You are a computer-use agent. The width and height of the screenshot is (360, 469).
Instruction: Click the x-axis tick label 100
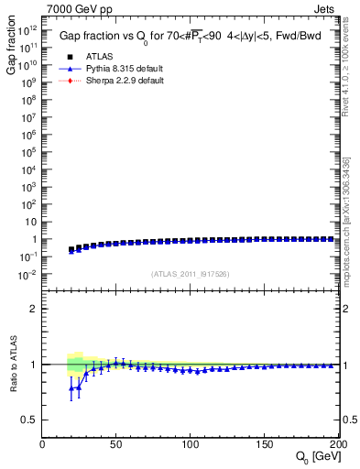[191, 442]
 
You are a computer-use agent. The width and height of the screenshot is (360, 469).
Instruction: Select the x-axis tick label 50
[116, 442]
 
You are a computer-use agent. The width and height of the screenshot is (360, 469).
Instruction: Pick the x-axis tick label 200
[336, 442]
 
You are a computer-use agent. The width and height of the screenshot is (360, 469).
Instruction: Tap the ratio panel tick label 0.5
[30, 420]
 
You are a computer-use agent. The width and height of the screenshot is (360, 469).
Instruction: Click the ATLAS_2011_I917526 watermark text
[190, 273]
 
